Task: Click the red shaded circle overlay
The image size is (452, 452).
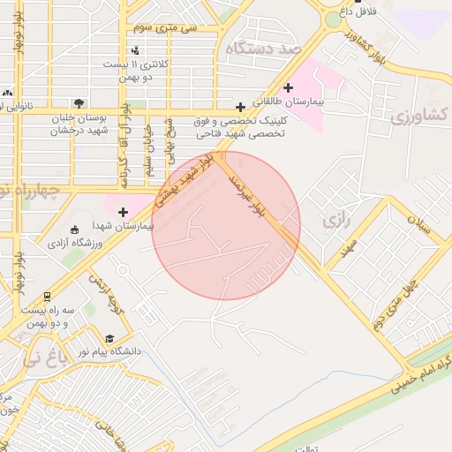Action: (x=226, y=226)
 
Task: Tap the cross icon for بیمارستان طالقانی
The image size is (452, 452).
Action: (x=289, y=87)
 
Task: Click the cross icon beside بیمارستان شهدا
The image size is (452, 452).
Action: (x=123, y=212)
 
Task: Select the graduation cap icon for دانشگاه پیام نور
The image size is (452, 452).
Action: (x=109, y=338)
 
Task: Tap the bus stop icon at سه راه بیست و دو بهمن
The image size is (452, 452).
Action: (x=47, y=298)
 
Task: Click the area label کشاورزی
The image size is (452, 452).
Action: (x=419, y=114)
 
